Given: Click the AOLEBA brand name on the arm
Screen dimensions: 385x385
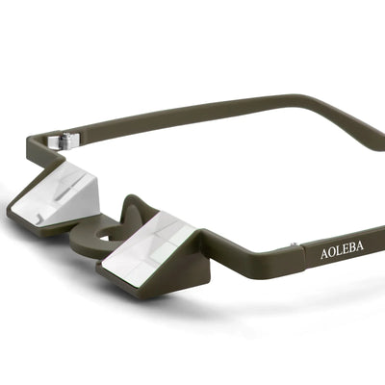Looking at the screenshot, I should pos(342,254).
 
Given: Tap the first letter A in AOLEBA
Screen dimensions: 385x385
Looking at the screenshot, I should pos(324,256).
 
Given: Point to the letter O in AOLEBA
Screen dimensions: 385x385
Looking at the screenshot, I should pos(332,255).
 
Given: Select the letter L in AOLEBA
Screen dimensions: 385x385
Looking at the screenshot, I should pos(340,254).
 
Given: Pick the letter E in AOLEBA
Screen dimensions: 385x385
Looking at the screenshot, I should pos(346,253).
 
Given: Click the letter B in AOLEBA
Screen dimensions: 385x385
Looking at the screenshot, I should pos(353,252).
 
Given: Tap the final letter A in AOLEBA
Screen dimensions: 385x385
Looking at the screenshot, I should pos(361,251).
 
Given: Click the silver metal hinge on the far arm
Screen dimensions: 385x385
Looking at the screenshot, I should pos(65,141).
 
